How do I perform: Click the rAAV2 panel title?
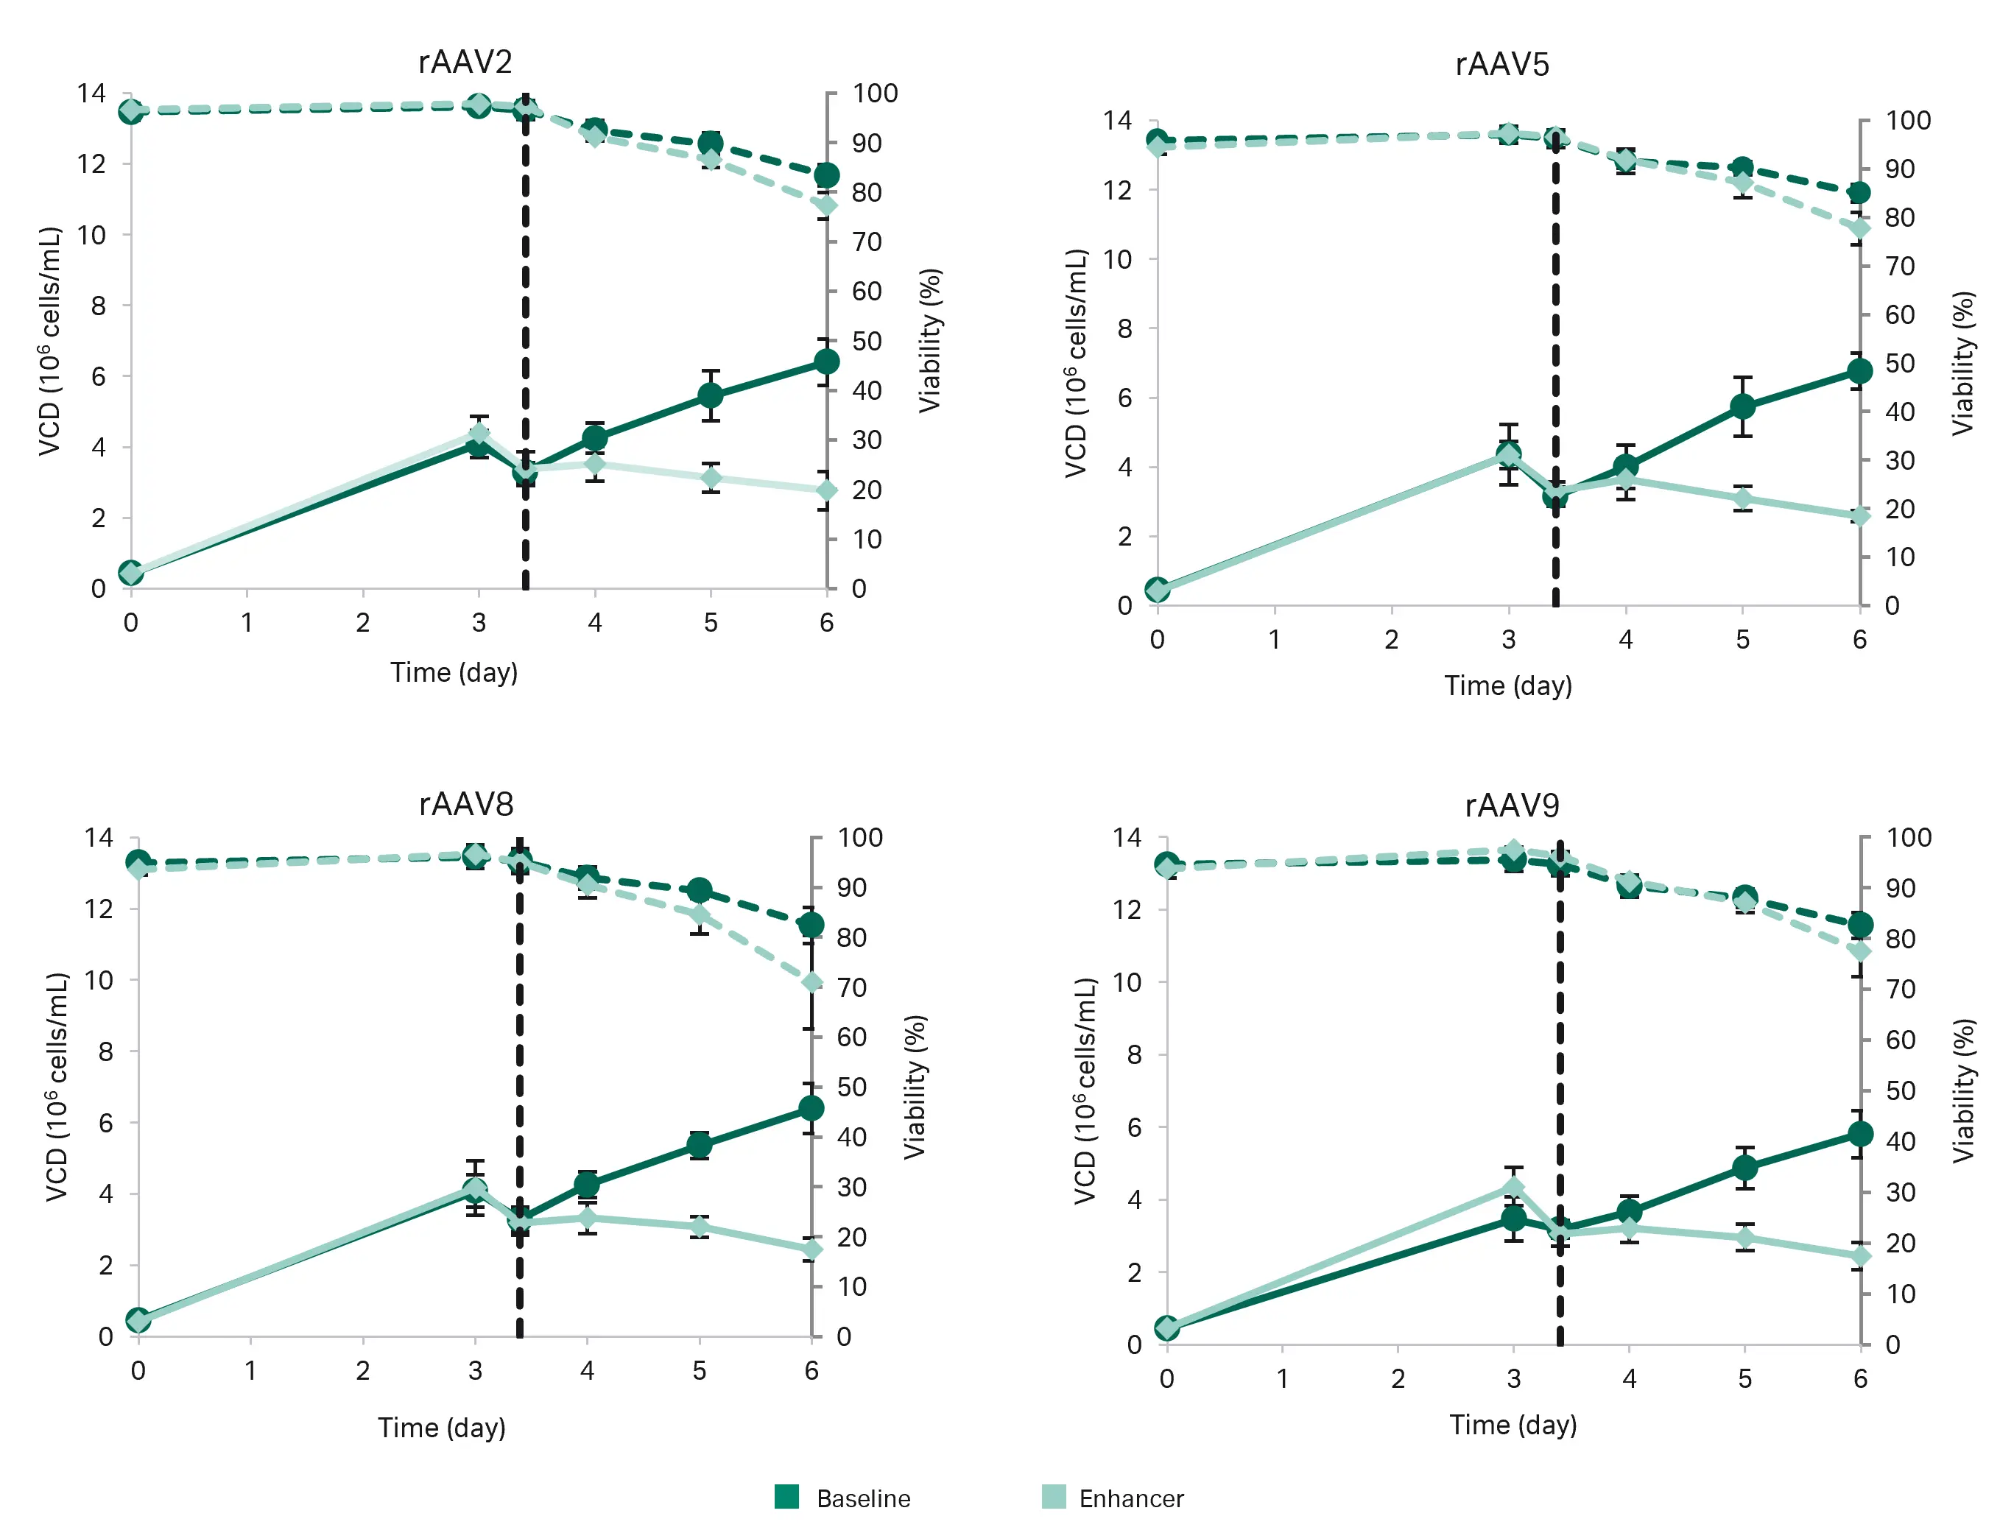coord(465,62)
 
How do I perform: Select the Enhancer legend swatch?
coord(1053,1496)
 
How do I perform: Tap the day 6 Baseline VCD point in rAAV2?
coord(826,362)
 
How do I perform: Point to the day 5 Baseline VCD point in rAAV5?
coord(1742,406)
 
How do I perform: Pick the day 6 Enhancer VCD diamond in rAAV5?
coord(1859,516)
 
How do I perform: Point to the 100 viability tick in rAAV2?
coord(874,93)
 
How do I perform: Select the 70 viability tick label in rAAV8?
coord(851,987)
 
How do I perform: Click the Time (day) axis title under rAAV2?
coord(454,672)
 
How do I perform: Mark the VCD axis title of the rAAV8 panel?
coord(57,1087)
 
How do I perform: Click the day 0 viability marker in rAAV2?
coord(131,111)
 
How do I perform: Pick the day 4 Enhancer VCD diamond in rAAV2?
coord(595,465)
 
